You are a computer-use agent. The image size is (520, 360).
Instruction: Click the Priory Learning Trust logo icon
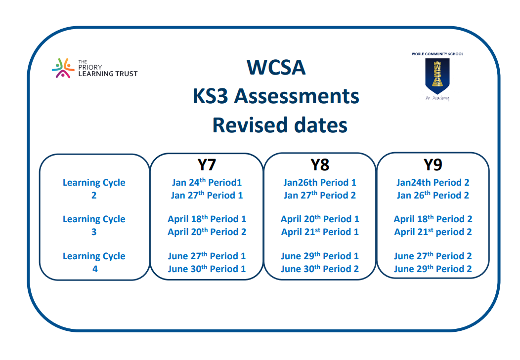[x=63, y=68]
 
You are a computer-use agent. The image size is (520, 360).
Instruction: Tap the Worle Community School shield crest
[x=437, y=76]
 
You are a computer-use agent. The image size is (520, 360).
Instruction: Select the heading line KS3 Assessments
[x=276, y=96]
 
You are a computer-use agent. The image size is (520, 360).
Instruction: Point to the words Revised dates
[x=280, y=125]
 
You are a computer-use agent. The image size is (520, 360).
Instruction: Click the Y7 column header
[x=207, y=165]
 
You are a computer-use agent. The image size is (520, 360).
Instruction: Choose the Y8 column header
[x=320, y=165]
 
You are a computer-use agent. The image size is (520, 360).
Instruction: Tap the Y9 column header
[x=433, y=165]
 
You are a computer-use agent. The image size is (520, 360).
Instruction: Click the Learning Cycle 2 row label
[x=94, y=189]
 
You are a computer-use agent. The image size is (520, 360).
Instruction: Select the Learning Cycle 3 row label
[x=94, y=225]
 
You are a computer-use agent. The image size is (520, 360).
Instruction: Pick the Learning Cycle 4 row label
[x=94, y=262]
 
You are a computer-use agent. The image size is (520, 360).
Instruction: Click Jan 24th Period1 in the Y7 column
[x=207, y=182]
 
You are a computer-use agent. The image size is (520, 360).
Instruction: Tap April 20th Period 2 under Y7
[x=207, y=232]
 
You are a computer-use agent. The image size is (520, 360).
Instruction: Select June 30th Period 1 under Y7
[x=207, y=269]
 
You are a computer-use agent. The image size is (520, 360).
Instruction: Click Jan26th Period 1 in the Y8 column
[x=320, y=182]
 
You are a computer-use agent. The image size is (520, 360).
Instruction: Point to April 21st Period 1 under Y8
[x=320, y=232]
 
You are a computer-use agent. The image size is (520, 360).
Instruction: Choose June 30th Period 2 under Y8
[x=320, y=269]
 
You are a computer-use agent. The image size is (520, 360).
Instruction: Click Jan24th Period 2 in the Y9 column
[x=433, y=182]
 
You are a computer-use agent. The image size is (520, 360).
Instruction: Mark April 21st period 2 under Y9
[x=433, y=232]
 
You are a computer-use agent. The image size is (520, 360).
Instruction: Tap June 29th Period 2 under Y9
[x=433, y=269]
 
